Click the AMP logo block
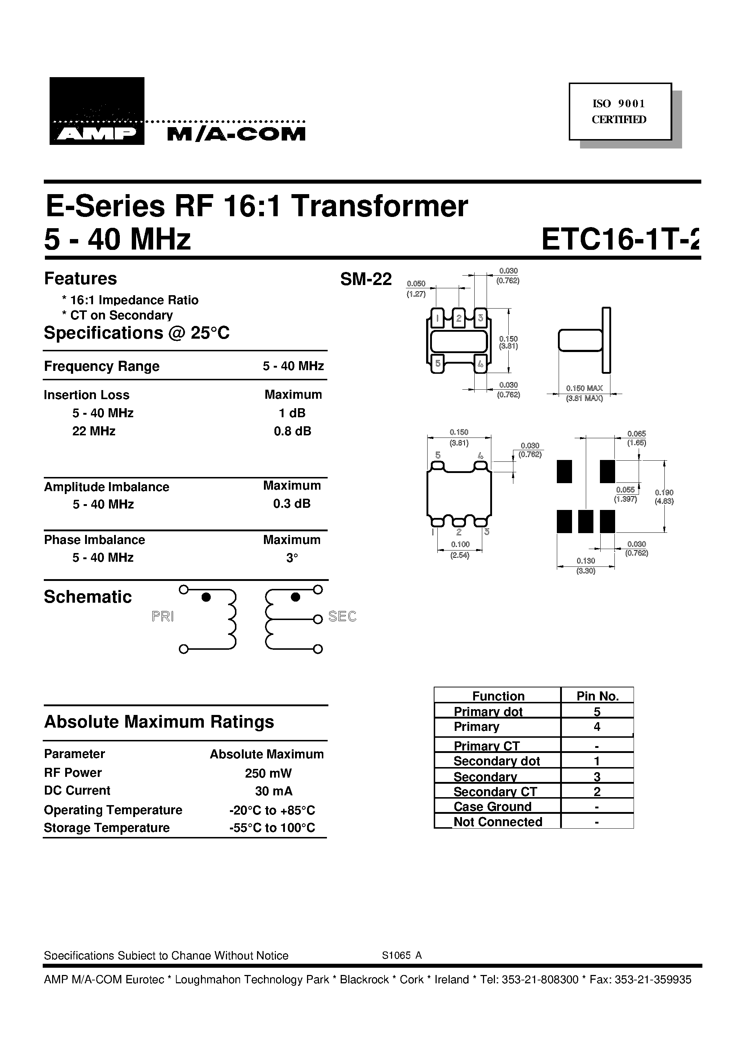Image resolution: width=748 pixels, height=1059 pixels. click(x=97, y=111)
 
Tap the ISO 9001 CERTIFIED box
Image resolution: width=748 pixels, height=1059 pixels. click(x=619, y=111)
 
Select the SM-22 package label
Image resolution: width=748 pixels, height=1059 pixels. click(x=366, y=279)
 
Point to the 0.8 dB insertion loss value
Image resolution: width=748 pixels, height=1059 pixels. click(x=293, y=431)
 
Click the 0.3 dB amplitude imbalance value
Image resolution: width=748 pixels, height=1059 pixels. click(x=291, y=504)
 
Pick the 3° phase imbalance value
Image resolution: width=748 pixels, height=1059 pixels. click(x=292, y=558)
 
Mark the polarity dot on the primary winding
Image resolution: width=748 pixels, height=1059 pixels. click(x=206, y=597)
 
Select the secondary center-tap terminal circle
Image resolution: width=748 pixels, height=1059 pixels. click(x=317, y=619)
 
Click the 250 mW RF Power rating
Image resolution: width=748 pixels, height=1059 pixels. click(x=268, y=773)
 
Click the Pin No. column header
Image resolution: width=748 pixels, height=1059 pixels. click(x=597, y=696)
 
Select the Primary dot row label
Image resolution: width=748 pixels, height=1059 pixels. click(x=488, y=711)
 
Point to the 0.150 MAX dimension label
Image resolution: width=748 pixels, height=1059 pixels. click(x=584, y=388)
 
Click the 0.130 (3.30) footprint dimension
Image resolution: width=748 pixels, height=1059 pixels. click(x=586, y=565)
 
